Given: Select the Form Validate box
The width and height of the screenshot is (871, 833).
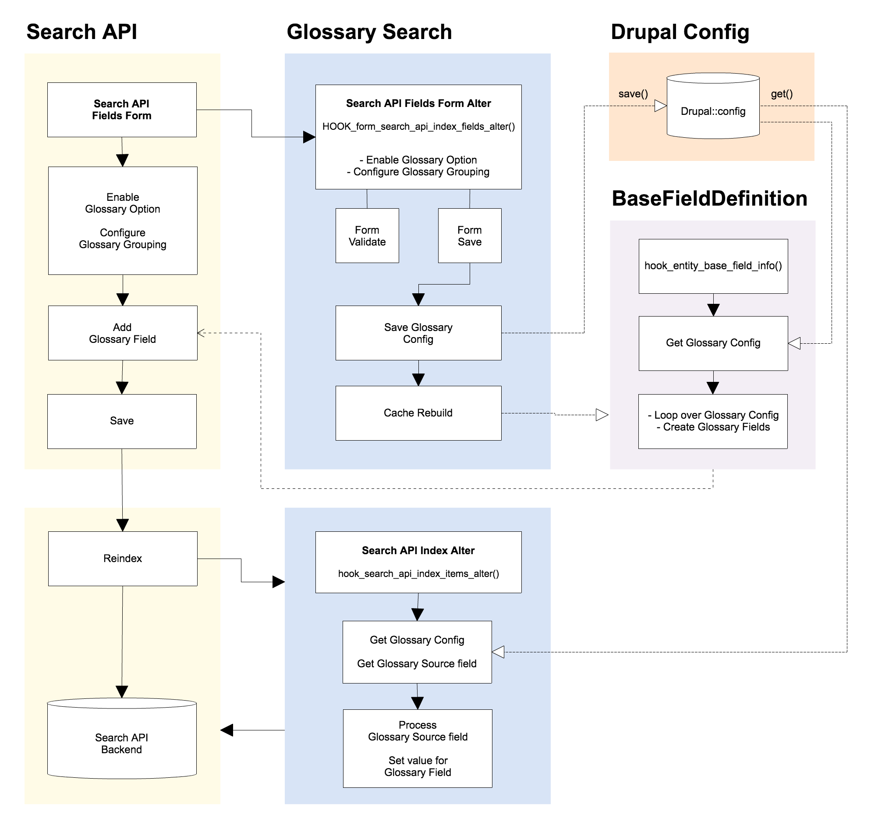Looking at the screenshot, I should click(367, 236).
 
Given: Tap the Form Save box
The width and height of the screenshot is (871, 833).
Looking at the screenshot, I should click(469, 236).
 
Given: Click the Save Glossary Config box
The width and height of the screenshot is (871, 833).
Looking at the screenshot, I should click(418, 333).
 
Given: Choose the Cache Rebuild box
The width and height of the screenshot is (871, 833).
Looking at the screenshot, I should click(418, 413).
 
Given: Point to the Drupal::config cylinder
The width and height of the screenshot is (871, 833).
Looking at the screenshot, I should click(712, 107).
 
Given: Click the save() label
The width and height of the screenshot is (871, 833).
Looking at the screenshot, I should click(633, 94).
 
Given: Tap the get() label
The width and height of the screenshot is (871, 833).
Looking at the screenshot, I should click(781, 94).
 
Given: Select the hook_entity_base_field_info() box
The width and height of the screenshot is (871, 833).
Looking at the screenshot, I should click(712, 266).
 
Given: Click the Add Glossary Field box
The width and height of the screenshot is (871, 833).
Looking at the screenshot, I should click(123, 333).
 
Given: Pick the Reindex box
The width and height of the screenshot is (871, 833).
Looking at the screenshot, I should click(123, 559).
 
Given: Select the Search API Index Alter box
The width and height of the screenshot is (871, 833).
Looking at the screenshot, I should click(418, 562).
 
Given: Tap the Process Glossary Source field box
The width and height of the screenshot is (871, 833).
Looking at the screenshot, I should click(417, 748).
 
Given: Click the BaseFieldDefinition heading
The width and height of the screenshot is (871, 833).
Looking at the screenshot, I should click(709, 199).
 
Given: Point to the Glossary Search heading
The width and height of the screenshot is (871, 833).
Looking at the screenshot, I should click(369, 32).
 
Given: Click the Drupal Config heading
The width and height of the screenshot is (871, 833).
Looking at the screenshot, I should click(680, 32).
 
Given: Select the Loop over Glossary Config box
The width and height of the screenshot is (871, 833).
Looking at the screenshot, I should click(712, 421).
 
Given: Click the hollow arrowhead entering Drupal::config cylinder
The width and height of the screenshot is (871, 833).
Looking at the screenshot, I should click(660, 106).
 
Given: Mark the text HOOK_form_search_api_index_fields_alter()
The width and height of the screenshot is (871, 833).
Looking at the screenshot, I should click(418, 127).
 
